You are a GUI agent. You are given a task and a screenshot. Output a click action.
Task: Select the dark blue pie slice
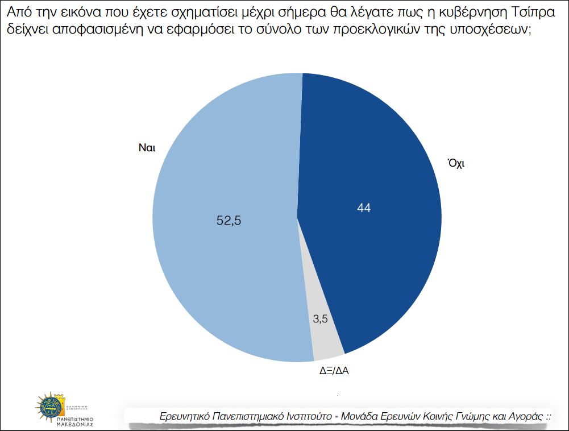tap(375, 171)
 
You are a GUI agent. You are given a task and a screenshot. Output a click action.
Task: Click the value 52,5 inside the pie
tap(229, 221)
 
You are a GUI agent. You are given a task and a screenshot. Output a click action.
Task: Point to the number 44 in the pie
tap(364, 208)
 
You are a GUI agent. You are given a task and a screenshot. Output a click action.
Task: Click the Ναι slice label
tap(147, 147)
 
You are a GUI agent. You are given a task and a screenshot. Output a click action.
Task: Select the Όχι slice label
tap(456, 163)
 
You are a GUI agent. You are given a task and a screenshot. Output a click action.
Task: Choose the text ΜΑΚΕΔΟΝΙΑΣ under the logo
tap(74, 424)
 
